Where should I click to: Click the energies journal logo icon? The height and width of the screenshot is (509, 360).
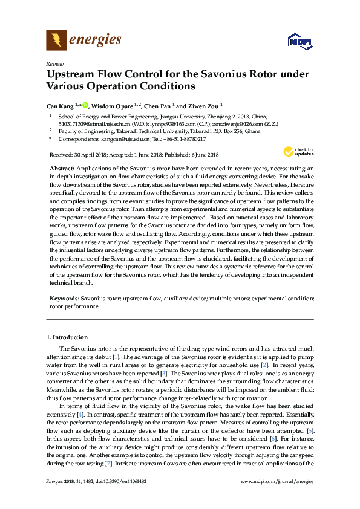57,41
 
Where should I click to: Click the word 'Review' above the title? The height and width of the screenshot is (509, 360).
54,63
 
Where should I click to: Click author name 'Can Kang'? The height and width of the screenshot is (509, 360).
60,105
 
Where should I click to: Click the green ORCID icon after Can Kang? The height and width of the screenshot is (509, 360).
85,105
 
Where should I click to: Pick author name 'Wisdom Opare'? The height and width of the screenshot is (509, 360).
111,105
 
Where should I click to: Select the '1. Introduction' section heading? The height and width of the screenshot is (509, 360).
67,337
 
